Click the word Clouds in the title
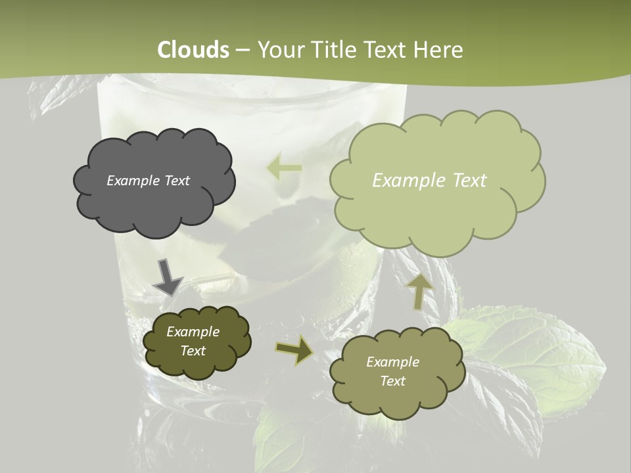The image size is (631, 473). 193,50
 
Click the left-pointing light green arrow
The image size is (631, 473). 284,168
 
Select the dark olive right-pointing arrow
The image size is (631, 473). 294,350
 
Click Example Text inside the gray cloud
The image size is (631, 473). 149,181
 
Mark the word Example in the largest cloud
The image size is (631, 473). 403,181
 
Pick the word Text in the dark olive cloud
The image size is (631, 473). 193,351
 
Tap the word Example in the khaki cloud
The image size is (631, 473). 392,362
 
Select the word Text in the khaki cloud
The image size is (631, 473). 392,381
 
